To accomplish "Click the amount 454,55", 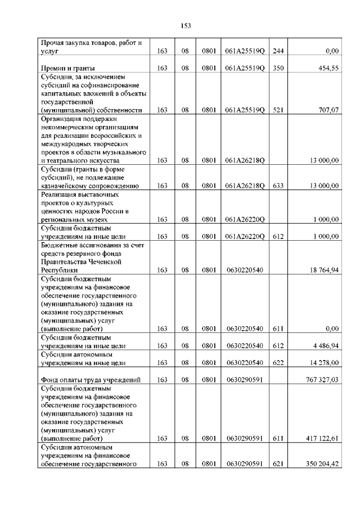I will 328,68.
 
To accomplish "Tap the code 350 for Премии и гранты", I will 277,68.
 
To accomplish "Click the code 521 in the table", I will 277,110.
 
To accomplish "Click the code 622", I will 277,363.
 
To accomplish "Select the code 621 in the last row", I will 277,464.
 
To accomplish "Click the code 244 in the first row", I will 277,51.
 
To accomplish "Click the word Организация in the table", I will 62,119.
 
